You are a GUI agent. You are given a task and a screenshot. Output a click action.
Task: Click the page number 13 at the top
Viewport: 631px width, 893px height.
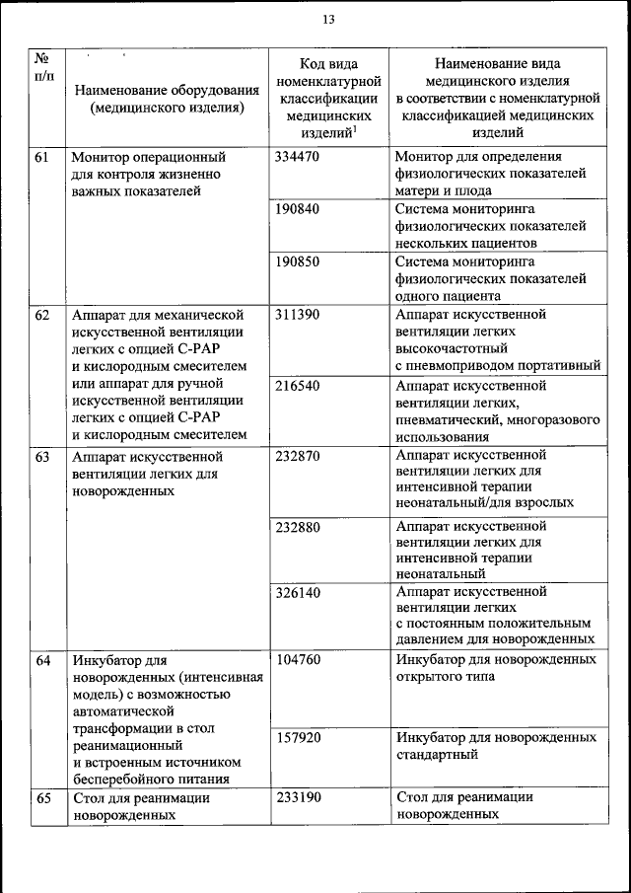328,20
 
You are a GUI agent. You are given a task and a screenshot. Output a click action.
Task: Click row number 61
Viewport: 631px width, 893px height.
42,157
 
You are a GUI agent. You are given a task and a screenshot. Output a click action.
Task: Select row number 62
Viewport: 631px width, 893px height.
42,315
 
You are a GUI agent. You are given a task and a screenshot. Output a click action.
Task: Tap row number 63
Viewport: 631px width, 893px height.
42,457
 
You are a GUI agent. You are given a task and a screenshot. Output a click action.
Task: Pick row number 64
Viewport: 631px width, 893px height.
42,659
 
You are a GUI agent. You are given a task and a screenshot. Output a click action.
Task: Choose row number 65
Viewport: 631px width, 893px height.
42,797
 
